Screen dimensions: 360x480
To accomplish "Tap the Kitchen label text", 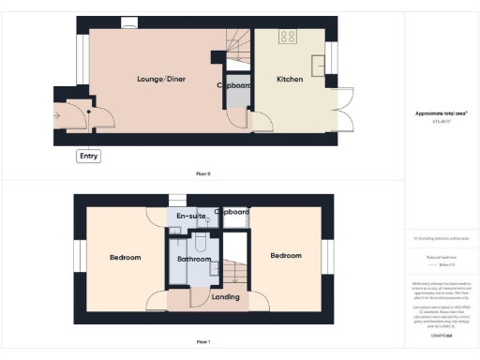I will (289, 80).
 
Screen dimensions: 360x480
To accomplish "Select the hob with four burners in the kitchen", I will (288, 38).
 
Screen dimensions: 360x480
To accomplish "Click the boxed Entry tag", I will (88, 157).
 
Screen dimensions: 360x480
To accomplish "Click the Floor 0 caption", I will (203, 174).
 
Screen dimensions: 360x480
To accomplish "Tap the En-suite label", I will (192, 217).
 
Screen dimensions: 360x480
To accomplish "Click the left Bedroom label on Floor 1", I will (125, 257).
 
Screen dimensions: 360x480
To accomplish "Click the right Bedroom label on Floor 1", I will (286, 255).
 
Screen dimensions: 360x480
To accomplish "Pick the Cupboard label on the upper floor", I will (232, 212).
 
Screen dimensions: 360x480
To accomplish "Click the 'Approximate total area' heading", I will (441, 113).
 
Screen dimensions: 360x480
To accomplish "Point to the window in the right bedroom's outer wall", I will (328, 256).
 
